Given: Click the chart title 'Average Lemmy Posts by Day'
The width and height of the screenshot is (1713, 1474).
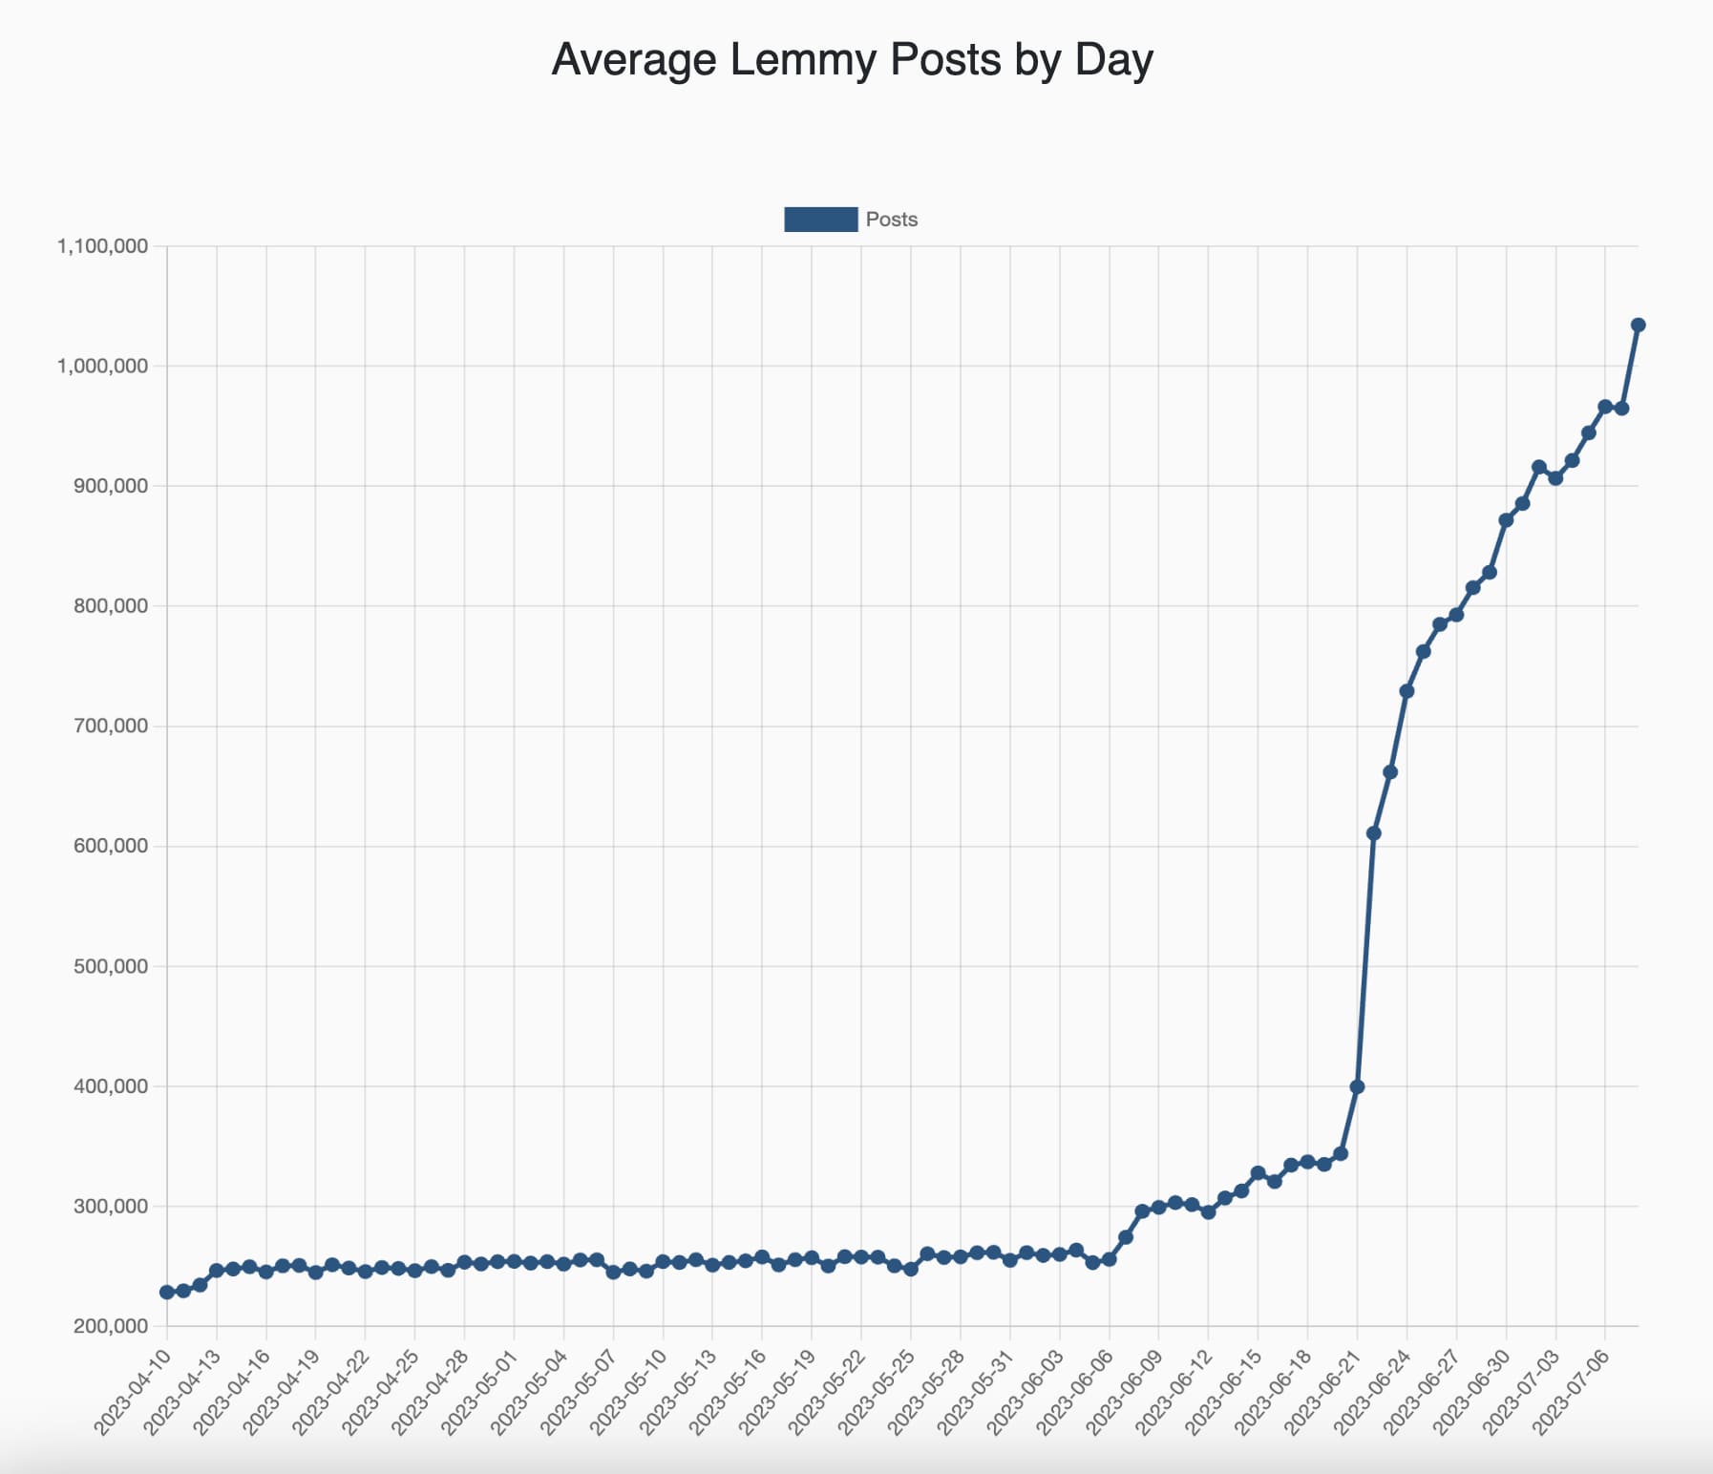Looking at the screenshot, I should pyautogui.click(x=853, y=60).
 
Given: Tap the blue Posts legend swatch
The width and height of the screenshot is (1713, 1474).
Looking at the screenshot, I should pyautogui.click(x=820, y=220).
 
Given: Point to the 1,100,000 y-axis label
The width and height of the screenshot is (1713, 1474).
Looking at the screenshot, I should pyautogui.click(x=103, y=246).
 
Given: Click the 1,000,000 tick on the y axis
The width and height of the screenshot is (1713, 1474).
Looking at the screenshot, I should pyautogui.click(x=103, y=367).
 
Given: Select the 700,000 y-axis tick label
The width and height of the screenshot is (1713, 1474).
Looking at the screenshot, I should pyautogui.click(x=110, y=726).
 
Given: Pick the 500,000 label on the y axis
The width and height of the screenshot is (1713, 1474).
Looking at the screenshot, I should pyautogui.click(x=110, y=966).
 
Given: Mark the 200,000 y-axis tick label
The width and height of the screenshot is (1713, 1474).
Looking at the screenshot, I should pyautogui.click(x=110, y=1326).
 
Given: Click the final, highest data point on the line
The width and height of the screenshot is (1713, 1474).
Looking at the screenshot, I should pyautogui.click(x=1638, y=326).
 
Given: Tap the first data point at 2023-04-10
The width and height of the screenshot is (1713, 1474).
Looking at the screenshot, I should pyautogui.click(x=167, y=1292).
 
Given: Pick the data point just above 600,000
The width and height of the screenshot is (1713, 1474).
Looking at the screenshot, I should pyautogui.click(x=1373, y=833).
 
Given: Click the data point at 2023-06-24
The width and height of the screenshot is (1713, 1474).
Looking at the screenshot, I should pyautogui.click(x=1406, y=691).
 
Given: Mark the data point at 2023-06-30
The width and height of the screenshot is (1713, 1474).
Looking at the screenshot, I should pyautogui.click(x=1506, y=520).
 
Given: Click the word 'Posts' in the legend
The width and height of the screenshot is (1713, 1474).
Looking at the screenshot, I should pyautogui.click(x=891, y=220).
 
